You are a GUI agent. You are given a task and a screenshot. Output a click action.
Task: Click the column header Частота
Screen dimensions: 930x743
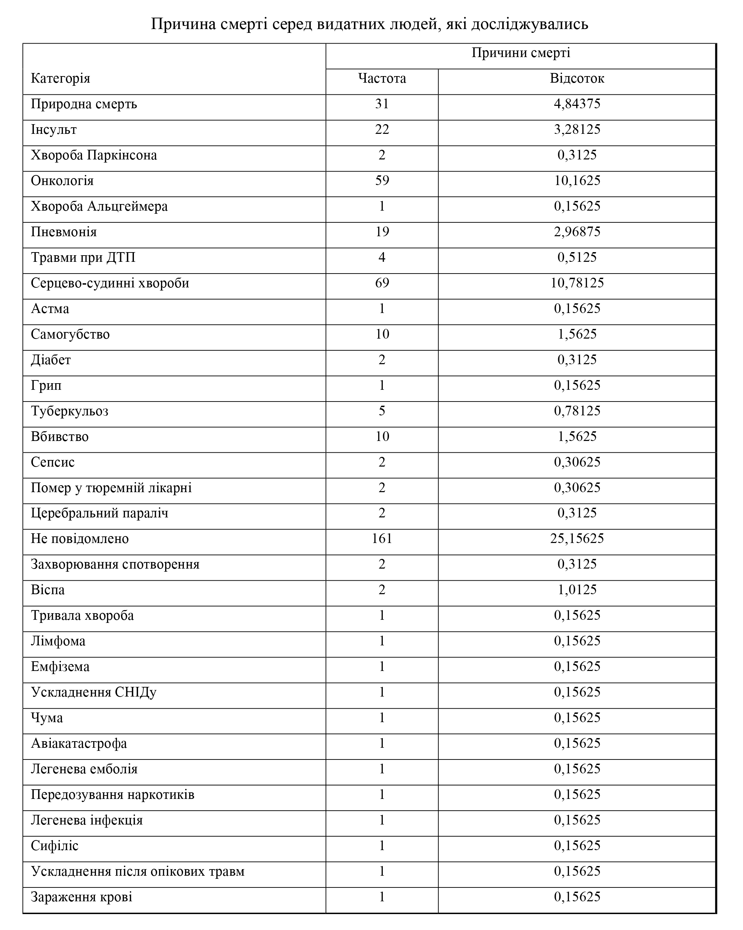(x=382, y=79)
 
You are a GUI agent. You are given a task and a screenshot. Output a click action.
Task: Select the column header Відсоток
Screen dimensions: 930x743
(x=577, y=79)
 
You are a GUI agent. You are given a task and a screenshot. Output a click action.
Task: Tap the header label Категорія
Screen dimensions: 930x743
(x=61, y=79)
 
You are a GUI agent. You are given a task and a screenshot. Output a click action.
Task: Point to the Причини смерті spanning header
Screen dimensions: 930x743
(x=521, y=53)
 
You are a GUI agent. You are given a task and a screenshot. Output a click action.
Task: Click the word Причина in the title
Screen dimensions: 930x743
(x=183, y=24)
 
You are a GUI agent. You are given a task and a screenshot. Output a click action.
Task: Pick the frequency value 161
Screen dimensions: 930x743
(x=382, y=539)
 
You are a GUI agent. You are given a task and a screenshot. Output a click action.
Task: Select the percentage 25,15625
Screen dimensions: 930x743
(x=577, y=539)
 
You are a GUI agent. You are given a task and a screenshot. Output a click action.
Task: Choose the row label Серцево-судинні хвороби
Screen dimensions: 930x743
(x=110, y=283)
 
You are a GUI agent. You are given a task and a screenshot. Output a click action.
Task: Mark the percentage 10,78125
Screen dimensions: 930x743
(x=579, y=283)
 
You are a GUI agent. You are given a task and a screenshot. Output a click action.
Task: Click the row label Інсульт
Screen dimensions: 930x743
(x=54, y=129)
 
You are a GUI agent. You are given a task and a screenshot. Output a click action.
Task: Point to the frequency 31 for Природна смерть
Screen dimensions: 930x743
(x=382, y=104)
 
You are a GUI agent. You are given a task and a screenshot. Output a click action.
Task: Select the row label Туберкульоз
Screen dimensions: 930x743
(x=70, y=411)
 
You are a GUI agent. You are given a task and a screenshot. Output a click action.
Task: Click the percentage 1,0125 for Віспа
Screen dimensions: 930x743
(x=577, y=590)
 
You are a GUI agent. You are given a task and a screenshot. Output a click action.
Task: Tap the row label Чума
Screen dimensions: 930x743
(x=47, y=718)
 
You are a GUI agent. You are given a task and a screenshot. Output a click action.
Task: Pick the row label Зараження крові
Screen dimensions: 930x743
(x=82, y=897)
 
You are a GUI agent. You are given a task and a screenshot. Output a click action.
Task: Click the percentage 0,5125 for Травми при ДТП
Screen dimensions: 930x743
(x=577, y=258)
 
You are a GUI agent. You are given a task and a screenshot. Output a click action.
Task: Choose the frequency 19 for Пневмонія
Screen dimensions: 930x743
(x=382, y=232)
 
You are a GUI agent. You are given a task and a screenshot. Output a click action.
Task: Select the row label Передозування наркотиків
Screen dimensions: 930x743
(x=113, y=794)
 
